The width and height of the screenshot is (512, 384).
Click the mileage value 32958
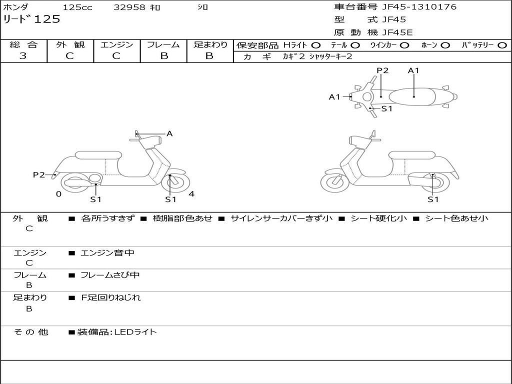coord(129,7)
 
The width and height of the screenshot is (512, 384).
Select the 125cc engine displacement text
coord(77,7)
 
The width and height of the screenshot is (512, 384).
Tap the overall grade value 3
coord(23,56)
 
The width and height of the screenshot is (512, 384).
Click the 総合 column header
coord(23,45)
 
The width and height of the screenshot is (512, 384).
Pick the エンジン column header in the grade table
coord(116,45)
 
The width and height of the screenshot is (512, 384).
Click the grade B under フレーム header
coord(163,56)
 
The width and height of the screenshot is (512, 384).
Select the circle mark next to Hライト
coord(316,45)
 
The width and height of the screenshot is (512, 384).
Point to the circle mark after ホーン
coord(445,45)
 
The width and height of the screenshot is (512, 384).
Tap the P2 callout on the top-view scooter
coord(382,70)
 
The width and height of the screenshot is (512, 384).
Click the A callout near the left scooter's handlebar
coord(169,133)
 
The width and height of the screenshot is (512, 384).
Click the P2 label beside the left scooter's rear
coord(39,175)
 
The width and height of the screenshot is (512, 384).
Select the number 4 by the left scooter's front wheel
coord(191,194)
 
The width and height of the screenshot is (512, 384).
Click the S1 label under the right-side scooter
coord(433,199)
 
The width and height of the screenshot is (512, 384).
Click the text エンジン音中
coord(107,253)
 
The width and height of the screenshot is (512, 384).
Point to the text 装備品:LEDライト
coord(116,332)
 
